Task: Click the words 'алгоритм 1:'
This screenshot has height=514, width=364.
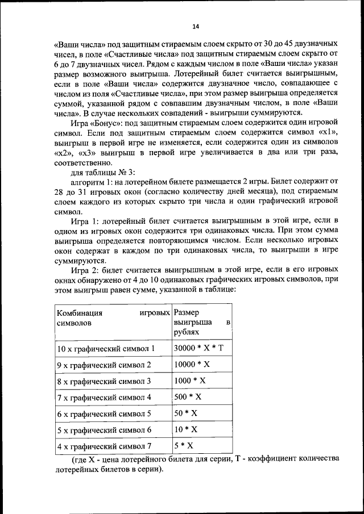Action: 90,183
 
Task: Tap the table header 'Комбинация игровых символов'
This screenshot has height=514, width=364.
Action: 113,317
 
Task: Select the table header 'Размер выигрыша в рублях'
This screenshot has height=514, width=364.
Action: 202,322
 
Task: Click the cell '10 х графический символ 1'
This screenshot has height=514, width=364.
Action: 106,348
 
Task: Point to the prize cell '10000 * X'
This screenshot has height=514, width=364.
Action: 192,364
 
